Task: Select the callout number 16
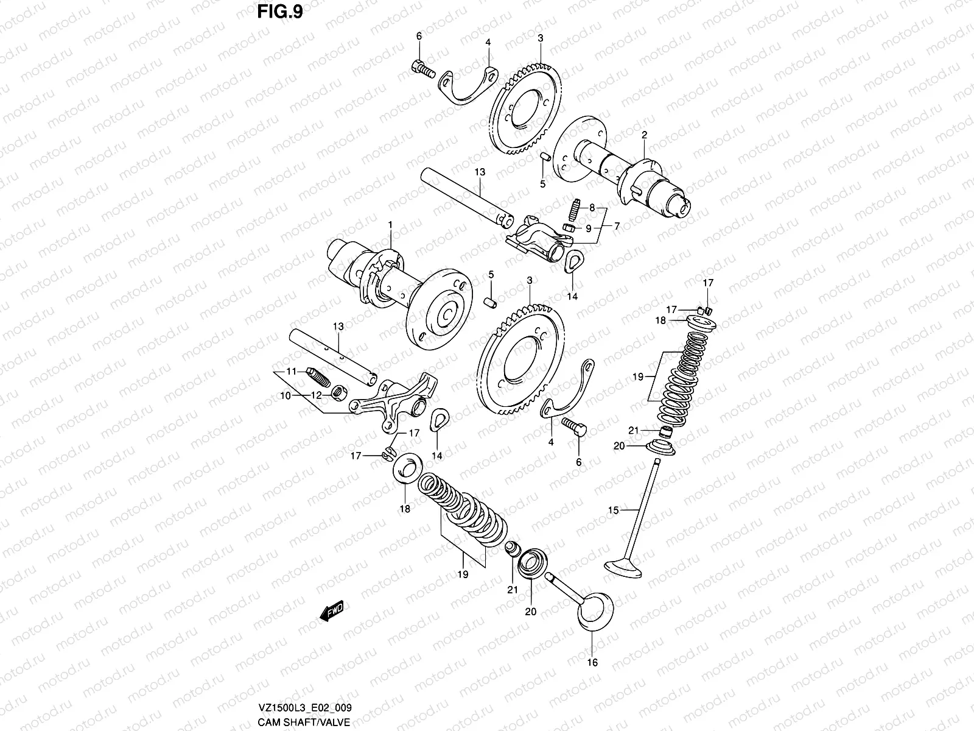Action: [x=592, y=662]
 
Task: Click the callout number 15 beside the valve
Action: [x=613, y=509]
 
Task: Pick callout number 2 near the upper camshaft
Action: [x=644, y=135]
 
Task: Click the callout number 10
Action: [x=286, y=396]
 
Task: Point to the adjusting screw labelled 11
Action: [x=318, y=378]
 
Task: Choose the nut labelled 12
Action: [x=337, y=395]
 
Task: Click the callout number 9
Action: [x=588, y=228]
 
